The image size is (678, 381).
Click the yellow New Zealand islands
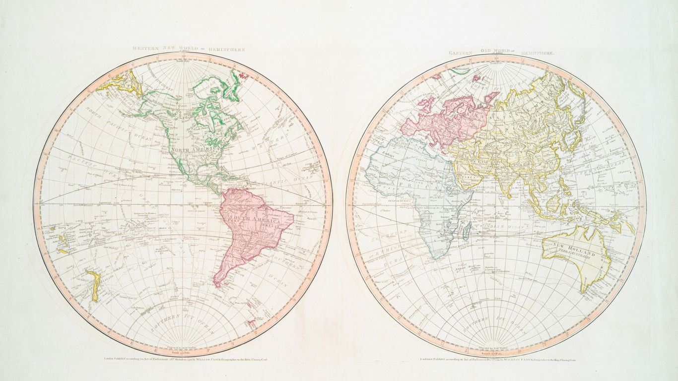click(x=92, y=285)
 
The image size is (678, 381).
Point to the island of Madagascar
click(x=467, y=230)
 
